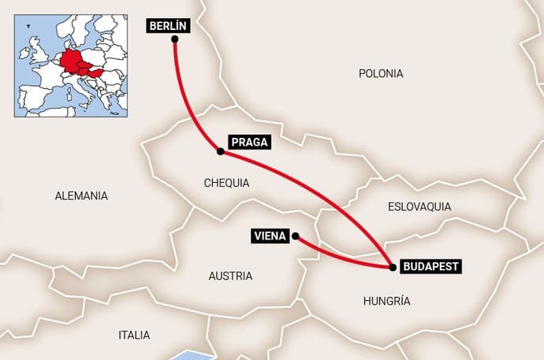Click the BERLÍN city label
[169, 26]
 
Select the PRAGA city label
[249, 143]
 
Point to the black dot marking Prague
[220, 150]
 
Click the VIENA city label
[269, 236]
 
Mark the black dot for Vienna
[295, 236]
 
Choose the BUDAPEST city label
[430, 266]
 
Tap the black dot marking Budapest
[393, 267]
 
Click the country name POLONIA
[381, 73]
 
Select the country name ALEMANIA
[81, 196]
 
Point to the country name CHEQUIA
[226, 183]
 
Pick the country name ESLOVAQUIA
[419, 206]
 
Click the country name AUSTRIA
[230, 276]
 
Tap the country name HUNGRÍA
[387, 301]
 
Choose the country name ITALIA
[134, 335]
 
